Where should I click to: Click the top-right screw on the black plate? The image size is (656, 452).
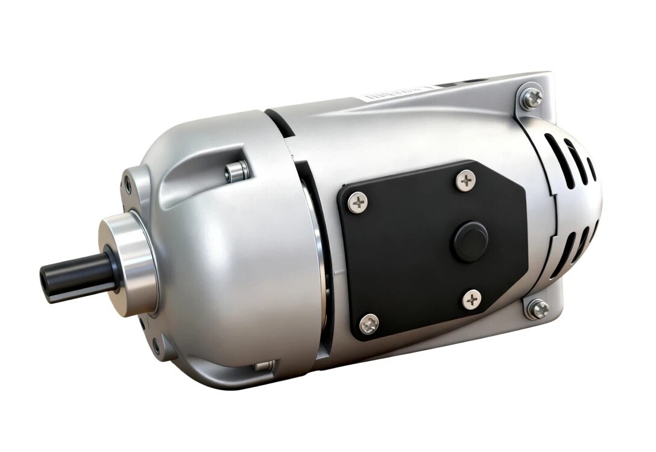pos(465,180)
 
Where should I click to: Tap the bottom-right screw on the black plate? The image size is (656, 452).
pos(472,298)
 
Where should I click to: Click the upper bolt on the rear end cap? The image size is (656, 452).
pos(532,98)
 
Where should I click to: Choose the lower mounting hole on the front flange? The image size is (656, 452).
pos(156,347)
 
